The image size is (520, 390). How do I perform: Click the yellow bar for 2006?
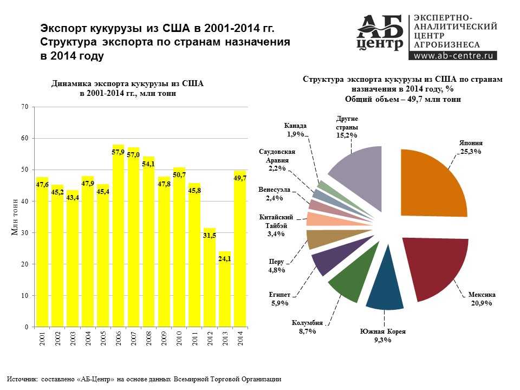pyautogui.click(x=118, y=238)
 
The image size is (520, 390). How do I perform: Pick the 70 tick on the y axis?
pyautogui.click(x=25, y=107)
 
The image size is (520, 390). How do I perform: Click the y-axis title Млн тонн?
pyautogui.click(x=16, y=217)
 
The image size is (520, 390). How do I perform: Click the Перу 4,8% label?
pyautogui.click(x=277, y=266)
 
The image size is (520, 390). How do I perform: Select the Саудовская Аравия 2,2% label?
pyautogui.click(x=277, y=160)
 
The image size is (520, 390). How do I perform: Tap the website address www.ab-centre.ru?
pyautogui.click(x=455, y=55)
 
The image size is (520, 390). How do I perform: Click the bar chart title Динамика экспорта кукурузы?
pyautogui.click(x=127, y=89)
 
